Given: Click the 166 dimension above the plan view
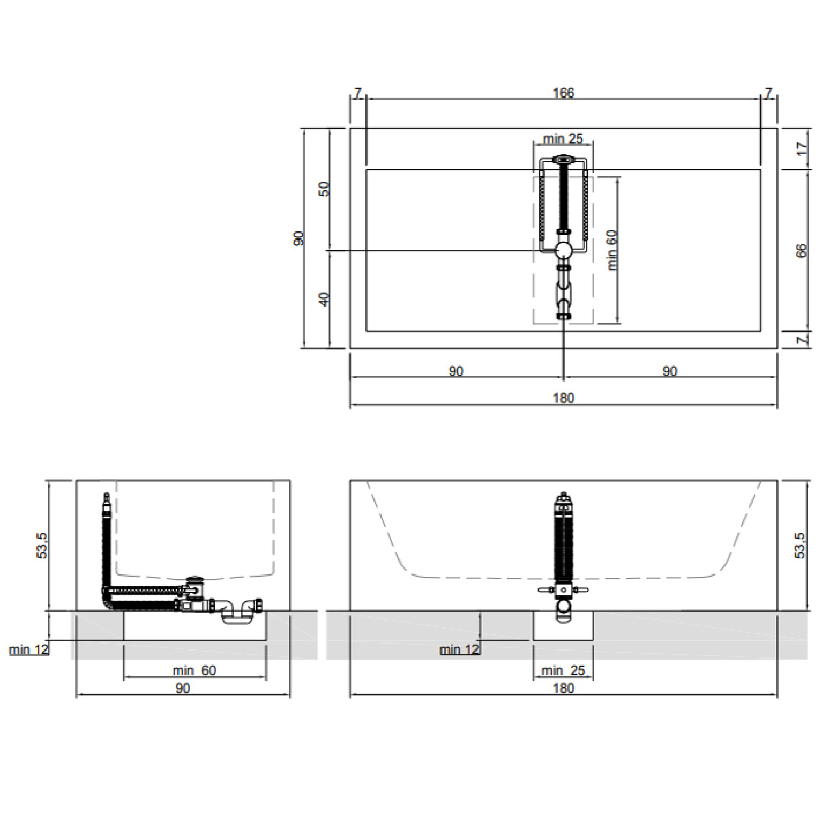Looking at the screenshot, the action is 563,93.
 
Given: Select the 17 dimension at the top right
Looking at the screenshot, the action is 802,148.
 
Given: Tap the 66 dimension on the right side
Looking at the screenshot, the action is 802,251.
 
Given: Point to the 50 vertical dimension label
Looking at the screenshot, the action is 324,189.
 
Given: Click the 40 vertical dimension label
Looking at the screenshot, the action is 324,299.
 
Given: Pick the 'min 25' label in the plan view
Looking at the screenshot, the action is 563,139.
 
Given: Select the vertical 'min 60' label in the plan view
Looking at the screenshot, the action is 612,250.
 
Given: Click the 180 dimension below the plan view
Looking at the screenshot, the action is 563,398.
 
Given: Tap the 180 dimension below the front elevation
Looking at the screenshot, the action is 563,688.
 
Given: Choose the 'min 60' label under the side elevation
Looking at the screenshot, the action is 194,670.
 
